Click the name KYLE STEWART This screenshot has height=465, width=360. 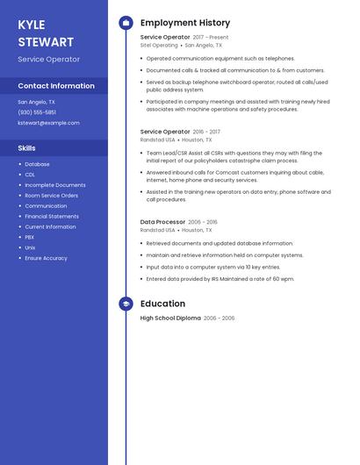pos(46,33)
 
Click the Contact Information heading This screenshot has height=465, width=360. pos(56,86)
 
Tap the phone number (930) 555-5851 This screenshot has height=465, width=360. pos(37,112)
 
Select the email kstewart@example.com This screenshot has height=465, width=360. pos(48,123)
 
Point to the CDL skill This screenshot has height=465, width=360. pos(30,175)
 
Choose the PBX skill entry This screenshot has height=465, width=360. pos(30,237)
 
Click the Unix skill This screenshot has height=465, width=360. pos(30,247)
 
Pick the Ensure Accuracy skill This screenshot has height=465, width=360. pos(46,258)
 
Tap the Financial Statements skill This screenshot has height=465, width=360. pos(52,216)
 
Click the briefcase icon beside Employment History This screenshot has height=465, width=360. pos(126,23)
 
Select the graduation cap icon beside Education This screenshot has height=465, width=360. pos(126,304)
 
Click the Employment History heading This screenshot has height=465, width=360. pos(185,23)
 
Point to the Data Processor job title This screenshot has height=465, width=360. pos(162,222)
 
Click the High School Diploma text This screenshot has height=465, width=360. pos(170,318)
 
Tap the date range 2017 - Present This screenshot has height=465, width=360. pos(211,38)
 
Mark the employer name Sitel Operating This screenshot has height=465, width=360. pos(159,46)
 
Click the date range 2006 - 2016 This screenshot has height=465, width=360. pos(203,223)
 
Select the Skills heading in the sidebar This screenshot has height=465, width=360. pos(26,148)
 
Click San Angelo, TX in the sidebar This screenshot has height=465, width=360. pos(37,102)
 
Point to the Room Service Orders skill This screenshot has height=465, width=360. pos(51,196)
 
